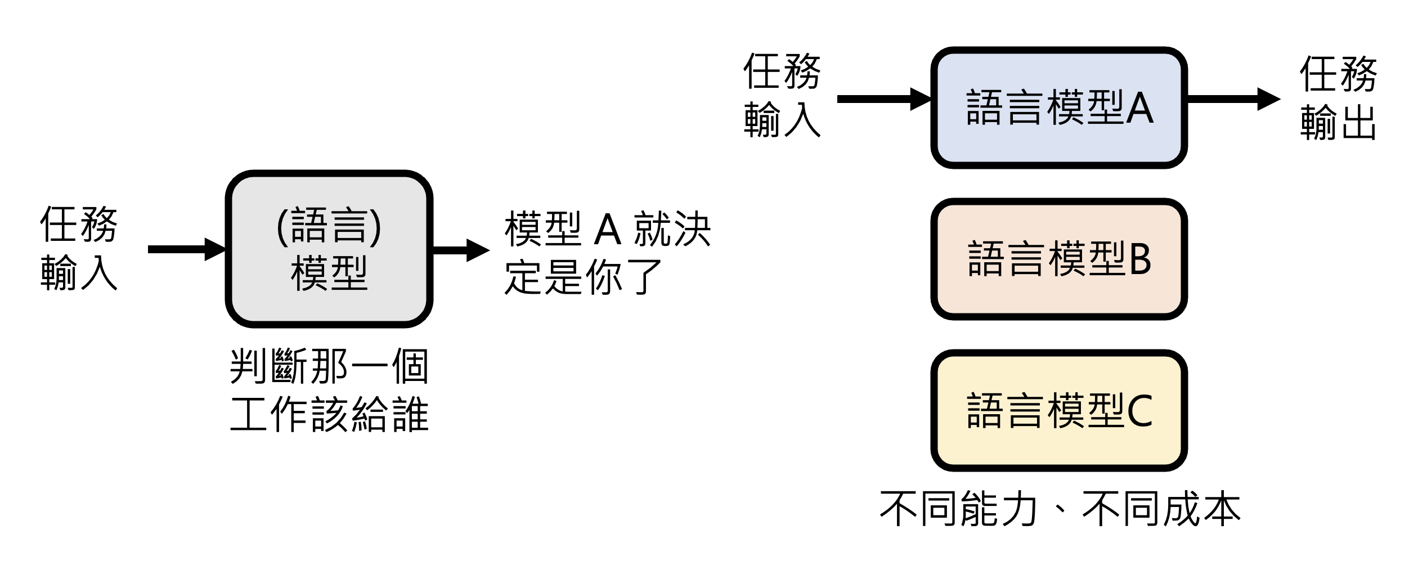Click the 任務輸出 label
(1338, 98)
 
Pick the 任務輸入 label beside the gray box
(79, 248)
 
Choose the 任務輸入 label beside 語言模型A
(782, 96)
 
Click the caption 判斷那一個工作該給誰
(330, 391)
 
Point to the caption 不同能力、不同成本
(1060, 509)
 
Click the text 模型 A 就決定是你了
(608, 253)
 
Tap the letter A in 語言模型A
(1140, 108)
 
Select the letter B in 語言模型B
(1140, 259)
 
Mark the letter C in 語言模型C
(1140, 411)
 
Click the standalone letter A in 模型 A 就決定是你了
(608, 230)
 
